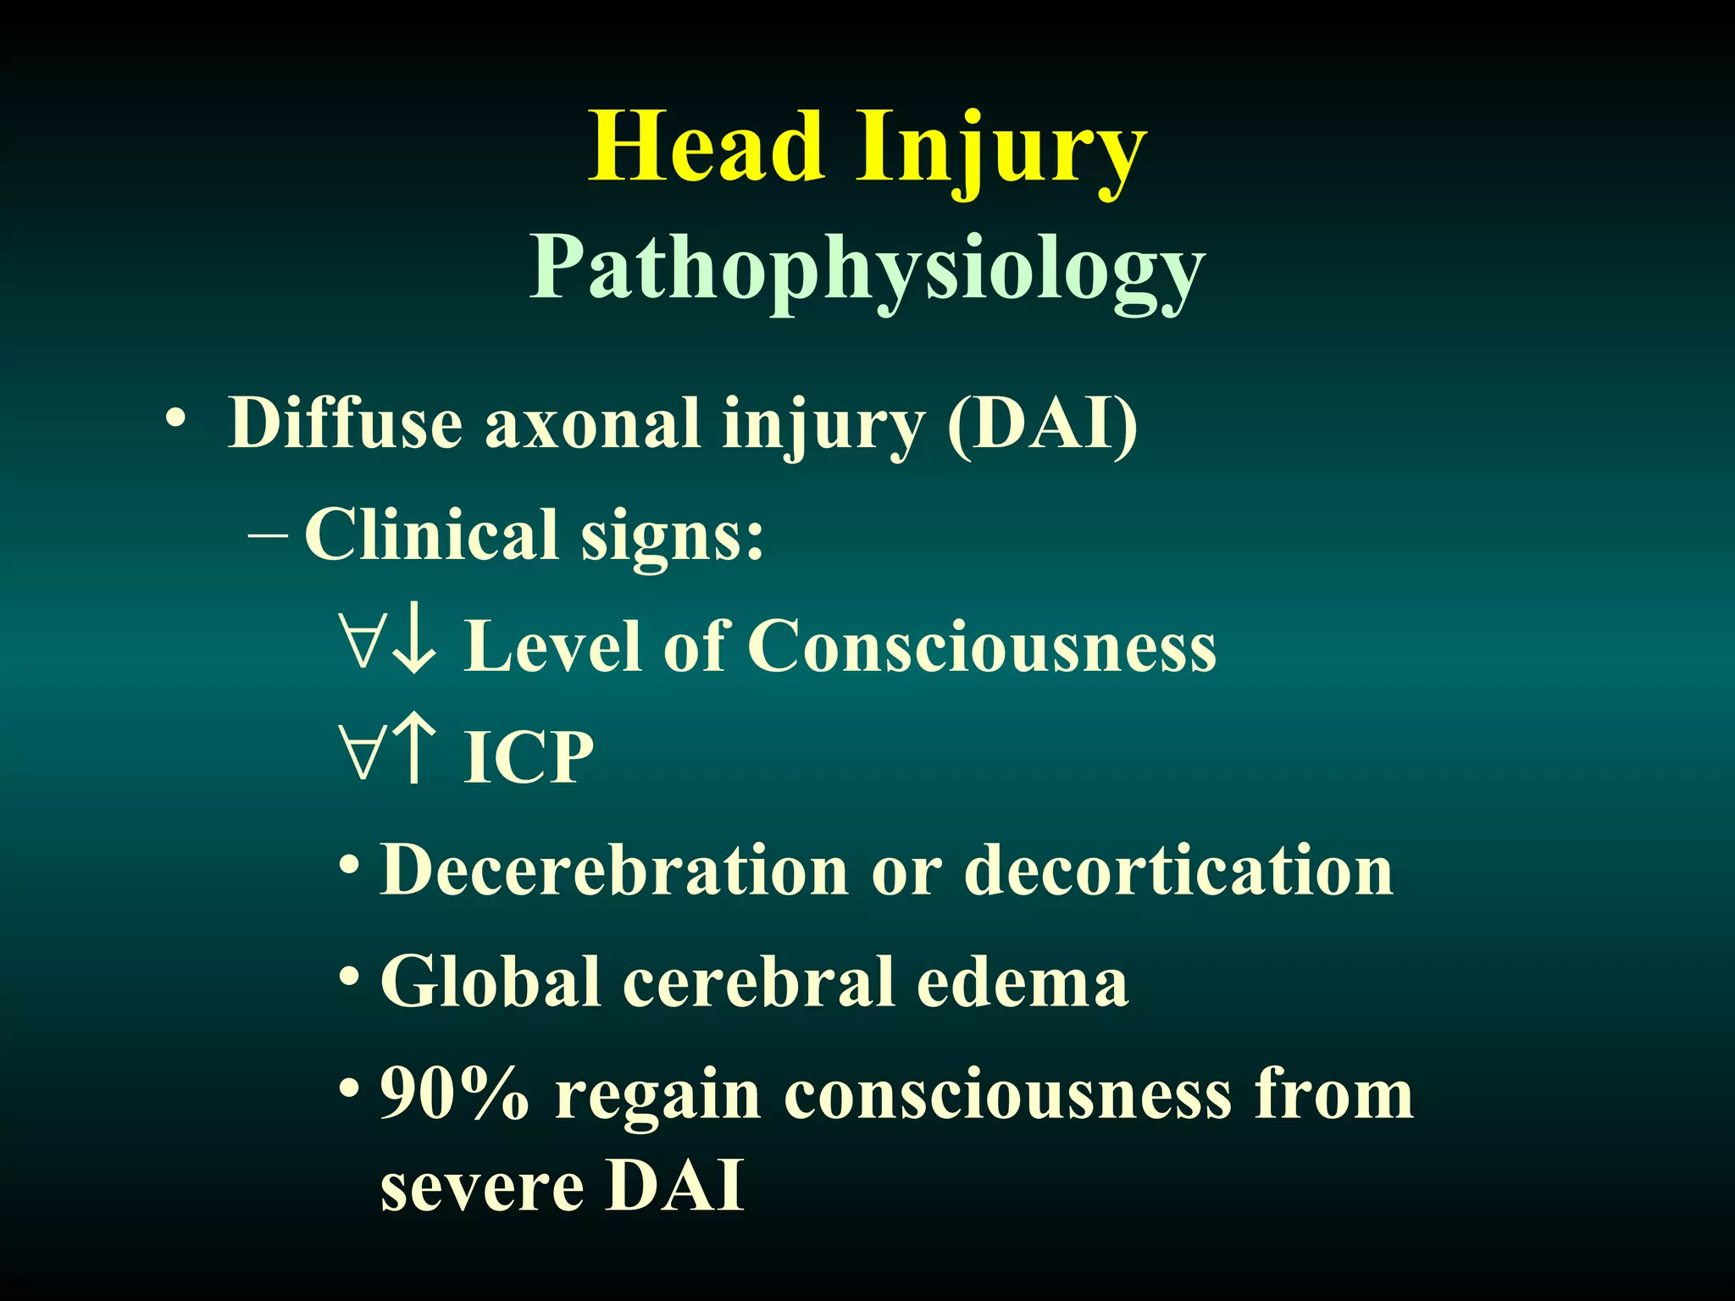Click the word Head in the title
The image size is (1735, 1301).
707,147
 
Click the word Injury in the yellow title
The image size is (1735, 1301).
1001,151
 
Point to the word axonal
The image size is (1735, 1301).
592,424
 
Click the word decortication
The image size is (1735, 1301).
1178,870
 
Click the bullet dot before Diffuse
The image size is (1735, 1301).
175,419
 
